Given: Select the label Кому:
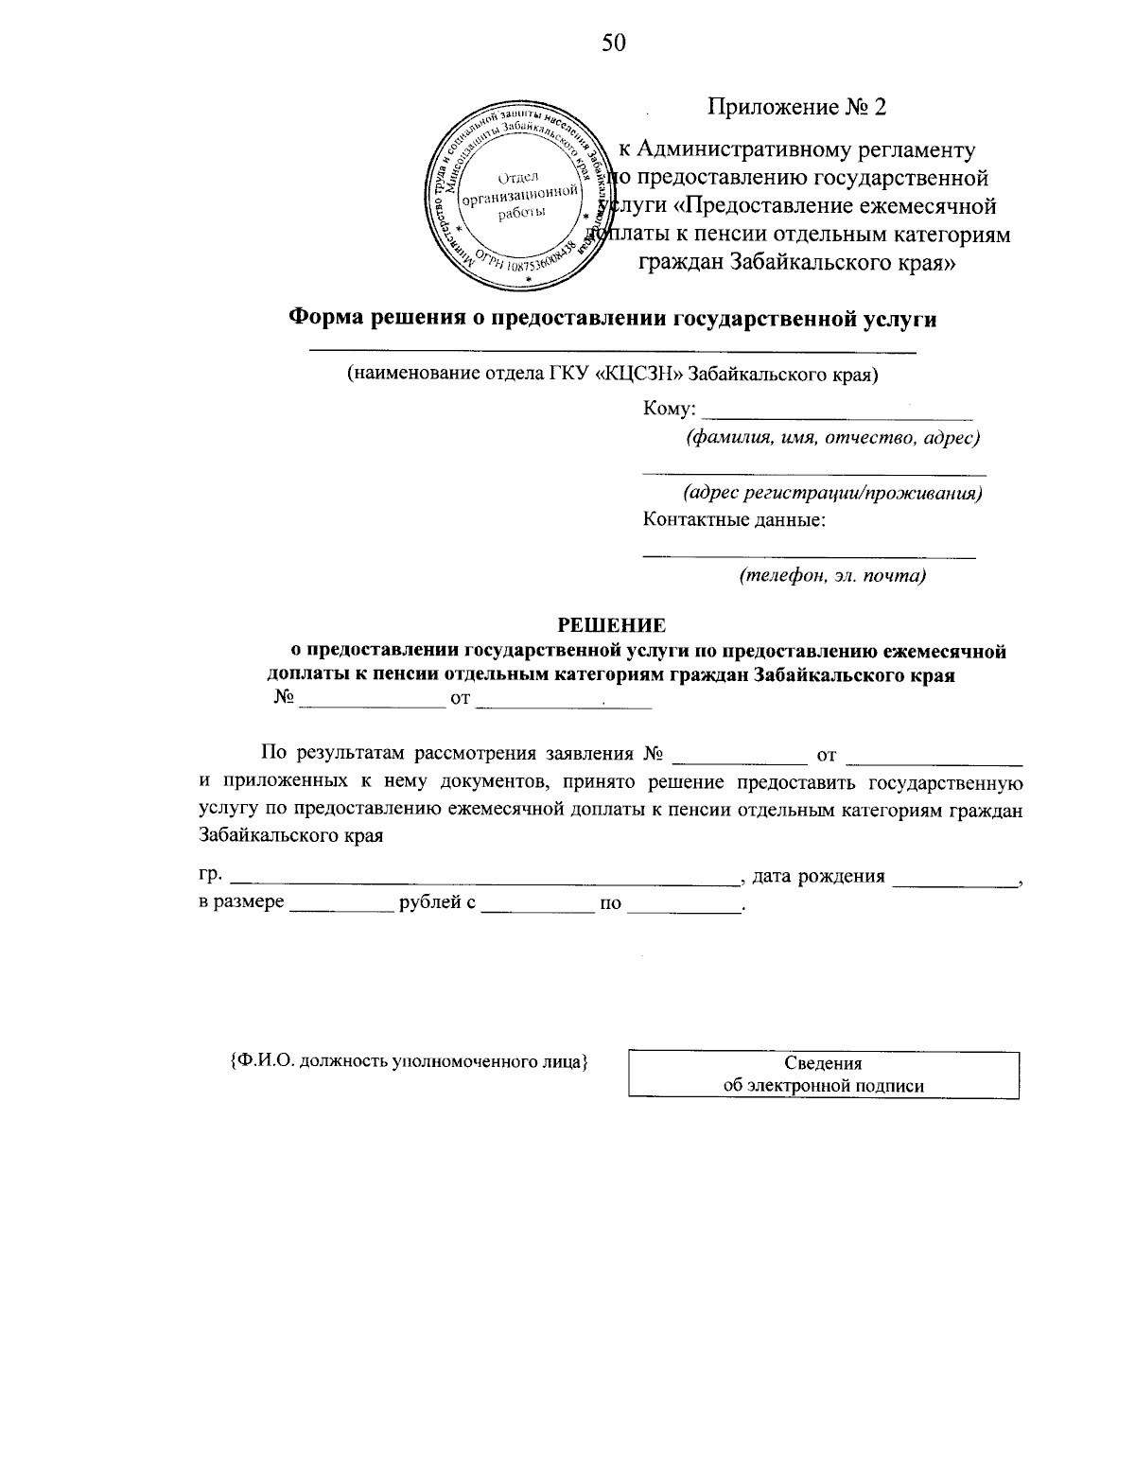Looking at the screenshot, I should point(670,410).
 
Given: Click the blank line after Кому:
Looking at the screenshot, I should point(840,414).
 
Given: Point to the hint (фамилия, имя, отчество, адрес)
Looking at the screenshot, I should point(831,438).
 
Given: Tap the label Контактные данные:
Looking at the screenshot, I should point(735,520).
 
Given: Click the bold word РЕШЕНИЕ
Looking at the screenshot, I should point(611,625).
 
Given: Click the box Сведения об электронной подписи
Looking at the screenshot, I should point(823,1075).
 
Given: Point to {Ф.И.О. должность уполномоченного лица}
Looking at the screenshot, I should point(410,1061).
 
